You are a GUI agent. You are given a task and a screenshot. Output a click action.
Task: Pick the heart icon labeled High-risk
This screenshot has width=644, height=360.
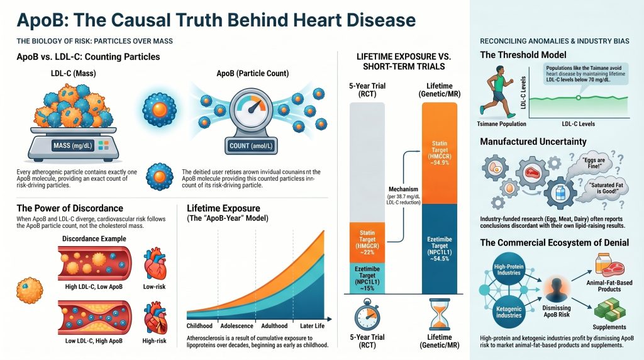[x=153, y=315]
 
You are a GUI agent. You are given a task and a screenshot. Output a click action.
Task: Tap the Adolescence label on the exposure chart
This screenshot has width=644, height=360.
[x=236, y=326]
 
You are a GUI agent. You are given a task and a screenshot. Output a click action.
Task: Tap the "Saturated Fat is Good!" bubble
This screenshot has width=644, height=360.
[x=601, y=189]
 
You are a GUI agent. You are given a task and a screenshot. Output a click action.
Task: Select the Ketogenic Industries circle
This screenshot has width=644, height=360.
[x=507, y=310]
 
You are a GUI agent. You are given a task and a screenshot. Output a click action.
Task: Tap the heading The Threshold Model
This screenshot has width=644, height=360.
[x=523, y=55]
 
